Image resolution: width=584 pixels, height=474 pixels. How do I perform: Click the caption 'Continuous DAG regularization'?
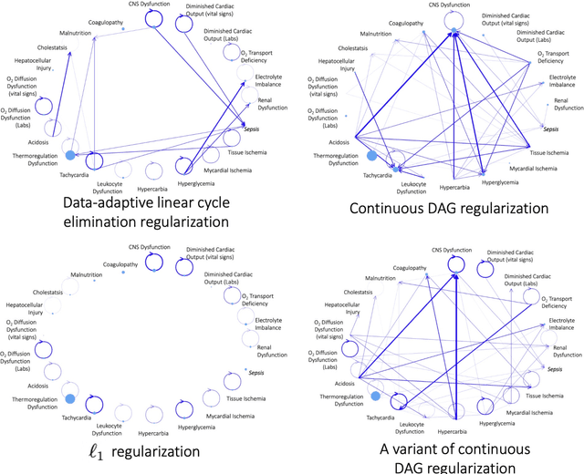click(436, 208)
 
